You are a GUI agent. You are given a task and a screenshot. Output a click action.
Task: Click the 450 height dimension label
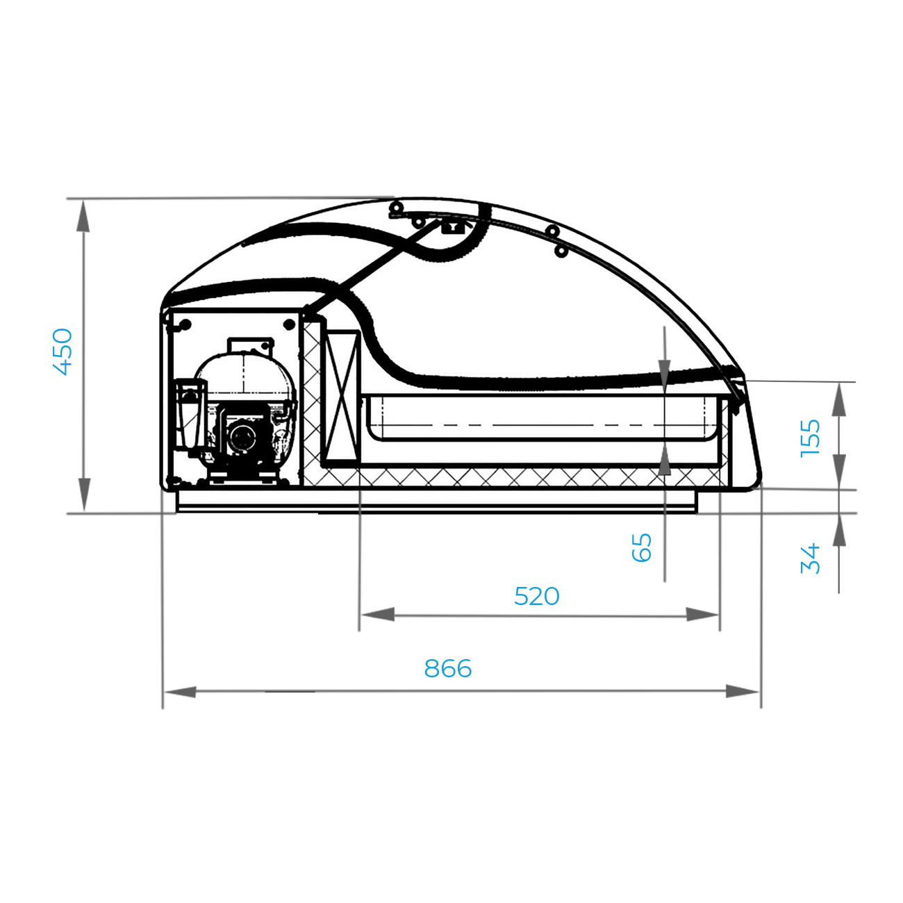[x=63, y=352]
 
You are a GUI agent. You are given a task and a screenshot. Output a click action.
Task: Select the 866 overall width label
[x=447, y=669]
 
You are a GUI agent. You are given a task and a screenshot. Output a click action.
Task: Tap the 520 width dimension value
[x=536, y=597]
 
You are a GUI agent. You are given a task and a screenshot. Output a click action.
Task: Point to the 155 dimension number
[x=810, y=438]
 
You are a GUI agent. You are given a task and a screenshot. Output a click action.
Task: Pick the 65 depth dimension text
[x=642, y=547]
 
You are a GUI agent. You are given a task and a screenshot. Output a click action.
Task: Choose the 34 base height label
[x=810, y=558]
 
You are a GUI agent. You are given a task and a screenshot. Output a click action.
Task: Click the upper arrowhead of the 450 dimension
[x=83, y=216]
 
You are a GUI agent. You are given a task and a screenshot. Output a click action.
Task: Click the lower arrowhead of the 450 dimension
[x=84, y=495]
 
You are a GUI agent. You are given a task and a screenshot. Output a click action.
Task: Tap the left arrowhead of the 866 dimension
[x=180, y=692]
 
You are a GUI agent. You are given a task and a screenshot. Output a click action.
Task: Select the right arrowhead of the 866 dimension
[x=743, y=691]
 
